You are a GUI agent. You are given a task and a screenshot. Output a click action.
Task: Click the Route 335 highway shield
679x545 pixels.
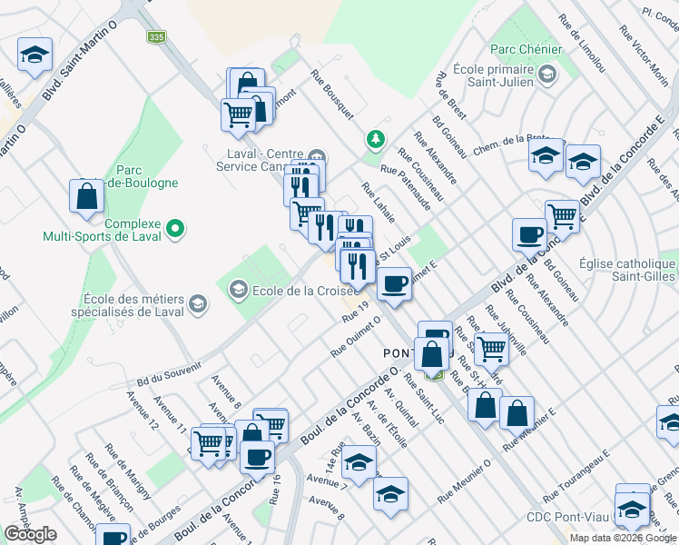pyautogui.click(x=157, y=37)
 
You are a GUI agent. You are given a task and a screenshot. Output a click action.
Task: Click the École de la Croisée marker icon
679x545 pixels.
pyautogui.click(x=239, y=291)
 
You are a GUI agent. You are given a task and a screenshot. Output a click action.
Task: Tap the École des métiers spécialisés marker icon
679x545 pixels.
pyautogui.click(x=197, y=305)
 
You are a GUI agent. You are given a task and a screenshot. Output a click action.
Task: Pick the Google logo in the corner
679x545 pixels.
pyautogui.click(x=30, y=534)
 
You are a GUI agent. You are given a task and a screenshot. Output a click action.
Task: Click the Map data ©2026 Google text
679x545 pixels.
pyautogui.click(x=623, y=538)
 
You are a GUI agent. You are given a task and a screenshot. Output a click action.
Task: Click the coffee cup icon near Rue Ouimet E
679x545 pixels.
pyautogui.click(x=394, y=283)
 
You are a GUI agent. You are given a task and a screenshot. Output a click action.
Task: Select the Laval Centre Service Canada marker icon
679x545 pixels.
pyautogui.click(x=316, y=154)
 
